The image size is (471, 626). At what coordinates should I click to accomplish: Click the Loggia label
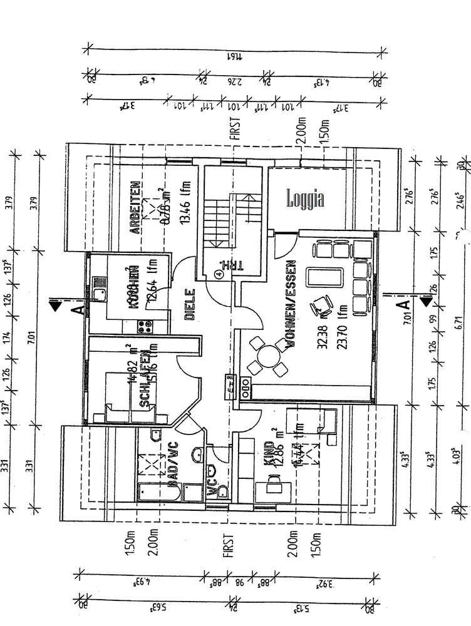pos(306,199)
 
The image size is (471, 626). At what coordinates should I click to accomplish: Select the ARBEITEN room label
pos(133,207)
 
